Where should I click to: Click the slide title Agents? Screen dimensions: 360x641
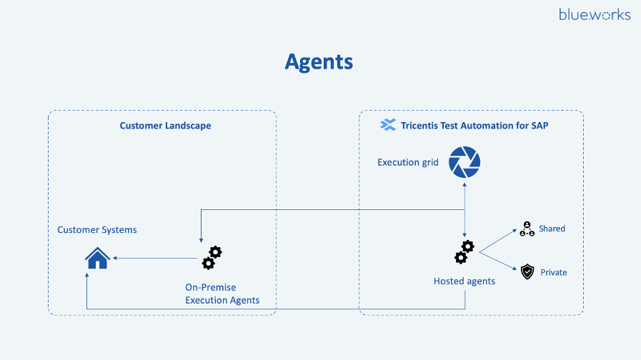tap(319, 61)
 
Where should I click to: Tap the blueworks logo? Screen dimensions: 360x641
tap(595, 14)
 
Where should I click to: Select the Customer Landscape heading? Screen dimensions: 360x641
tap(165, 126)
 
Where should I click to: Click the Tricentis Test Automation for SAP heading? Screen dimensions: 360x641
tap(474, 126)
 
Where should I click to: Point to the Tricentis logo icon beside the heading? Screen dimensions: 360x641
tap(388, 126)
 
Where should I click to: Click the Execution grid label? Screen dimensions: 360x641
tap(407, 163)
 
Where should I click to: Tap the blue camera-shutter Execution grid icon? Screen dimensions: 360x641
tap(464, 163)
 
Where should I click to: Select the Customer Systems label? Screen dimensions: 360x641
tap(97, 230)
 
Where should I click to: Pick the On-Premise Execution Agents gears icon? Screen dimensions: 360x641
tap(212, 257)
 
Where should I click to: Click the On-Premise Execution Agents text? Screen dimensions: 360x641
tap(222, 294)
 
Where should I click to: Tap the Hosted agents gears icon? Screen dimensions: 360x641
tap(464, 252)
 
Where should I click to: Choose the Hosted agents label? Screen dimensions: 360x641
tap(464, 281)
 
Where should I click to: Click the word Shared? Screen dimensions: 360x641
tap(552, 229)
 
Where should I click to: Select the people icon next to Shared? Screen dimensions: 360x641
tap(527, 229)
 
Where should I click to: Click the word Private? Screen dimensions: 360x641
tap(553, 272)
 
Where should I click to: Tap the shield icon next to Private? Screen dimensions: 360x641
tap(527, 271)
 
